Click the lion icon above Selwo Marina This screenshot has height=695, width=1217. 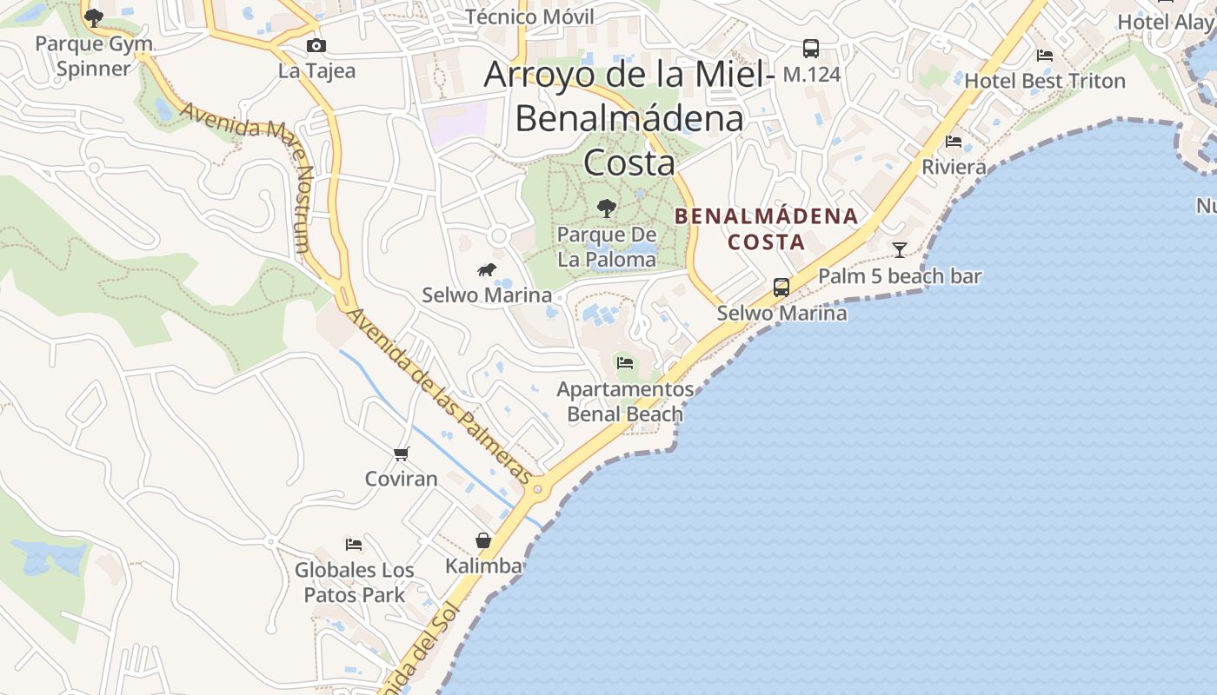coord(487,270)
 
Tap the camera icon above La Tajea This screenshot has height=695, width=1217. coord(316,45)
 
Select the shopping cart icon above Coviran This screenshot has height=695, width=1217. coord(401,453)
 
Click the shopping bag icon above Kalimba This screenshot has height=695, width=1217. coord(483,540)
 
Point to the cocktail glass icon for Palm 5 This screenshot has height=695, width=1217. coord(900,250)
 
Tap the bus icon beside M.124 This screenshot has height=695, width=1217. coord(811,49)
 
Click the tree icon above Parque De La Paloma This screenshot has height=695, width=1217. coord(607,208)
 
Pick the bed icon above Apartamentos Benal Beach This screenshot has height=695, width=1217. coord(625,362)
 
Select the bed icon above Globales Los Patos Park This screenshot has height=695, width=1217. coord(354,545)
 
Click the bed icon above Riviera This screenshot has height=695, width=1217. coord(954,142)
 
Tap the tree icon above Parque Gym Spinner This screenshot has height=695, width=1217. coord(94,17)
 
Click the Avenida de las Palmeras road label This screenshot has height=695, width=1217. coord(439,396)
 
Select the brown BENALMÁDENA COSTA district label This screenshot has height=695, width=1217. coord(766,228)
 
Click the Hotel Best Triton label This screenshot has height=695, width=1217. coord(1045,81)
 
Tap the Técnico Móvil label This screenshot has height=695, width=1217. coord(530,17)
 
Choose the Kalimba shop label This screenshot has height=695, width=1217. coord(484,566)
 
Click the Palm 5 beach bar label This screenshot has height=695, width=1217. coord(900,276)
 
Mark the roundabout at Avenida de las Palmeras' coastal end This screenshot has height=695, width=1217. coord(537,490)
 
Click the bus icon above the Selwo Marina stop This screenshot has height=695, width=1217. coord(781,287)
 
